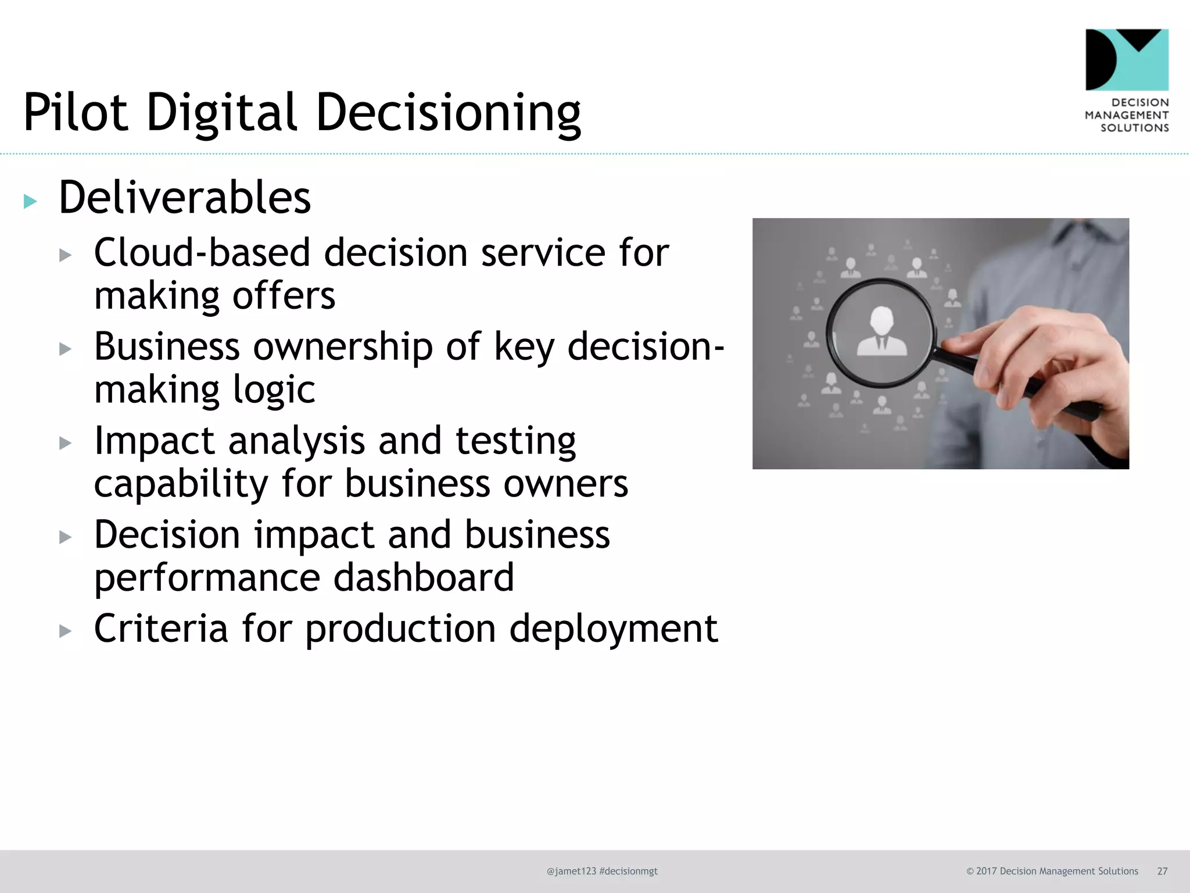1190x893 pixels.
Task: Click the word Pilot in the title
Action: click(x=76, y=112)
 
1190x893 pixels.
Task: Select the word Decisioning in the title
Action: click(x=448, y=113)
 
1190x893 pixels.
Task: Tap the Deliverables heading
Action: click(x=185, y=198)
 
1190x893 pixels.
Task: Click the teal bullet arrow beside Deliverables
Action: click(x=30, y=202)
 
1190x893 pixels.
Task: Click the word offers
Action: click(x=284, y=296)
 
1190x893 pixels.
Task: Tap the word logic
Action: click(x=274, y=390)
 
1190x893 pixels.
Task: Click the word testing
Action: click(x=515, y=441)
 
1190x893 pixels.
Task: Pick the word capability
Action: click(x=181, y=484)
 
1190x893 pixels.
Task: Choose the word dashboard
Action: click(x=424, y=577)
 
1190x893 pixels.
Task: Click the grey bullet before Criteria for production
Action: click(x=65, y=631)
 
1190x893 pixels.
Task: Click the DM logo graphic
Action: click(x=1127, y=60)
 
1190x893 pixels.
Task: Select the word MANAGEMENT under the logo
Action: click(x=1127, y=115)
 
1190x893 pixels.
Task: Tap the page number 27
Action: click(x=1162, y=871)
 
